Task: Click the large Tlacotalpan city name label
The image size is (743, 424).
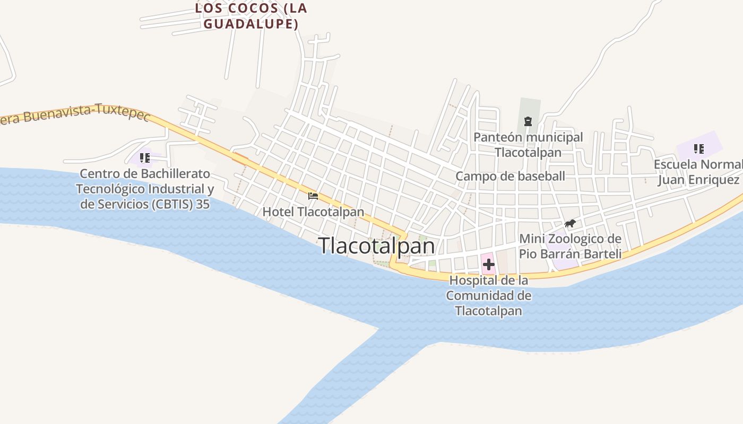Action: [x=376, y=246]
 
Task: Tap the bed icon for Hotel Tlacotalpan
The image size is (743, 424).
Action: [x=313, y=196]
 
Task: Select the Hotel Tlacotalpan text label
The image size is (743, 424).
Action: [x=313, y=212]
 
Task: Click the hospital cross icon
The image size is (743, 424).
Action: [x=488, y=264]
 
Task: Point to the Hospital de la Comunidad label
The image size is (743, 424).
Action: [x=488, y=295]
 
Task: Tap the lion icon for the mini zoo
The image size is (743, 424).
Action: [x=570, y=224]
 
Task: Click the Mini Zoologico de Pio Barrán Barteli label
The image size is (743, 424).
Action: [x=570, y=246]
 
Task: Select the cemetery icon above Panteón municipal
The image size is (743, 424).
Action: [x=528, y=121]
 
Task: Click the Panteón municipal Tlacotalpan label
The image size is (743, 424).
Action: [x=528, y=145]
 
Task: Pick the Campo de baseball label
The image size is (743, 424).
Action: [x=510, y=176]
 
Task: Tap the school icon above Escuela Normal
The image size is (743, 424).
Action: [x=698, y=149]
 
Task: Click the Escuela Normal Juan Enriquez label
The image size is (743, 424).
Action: [x=698, y=172]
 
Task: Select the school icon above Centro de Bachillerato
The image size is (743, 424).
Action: [x=144, y=157]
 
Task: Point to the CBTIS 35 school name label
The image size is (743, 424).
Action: [x=144, y=189]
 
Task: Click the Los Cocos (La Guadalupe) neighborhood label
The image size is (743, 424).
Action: [x=251, y=16]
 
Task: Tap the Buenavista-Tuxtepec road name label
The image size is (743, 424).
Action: [x=74, y=114]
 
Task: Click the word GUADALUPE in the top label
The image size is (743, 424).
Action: [x=251, y=24]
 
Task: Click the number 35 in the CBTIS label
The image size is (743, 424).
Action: [x=203, y=204]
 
